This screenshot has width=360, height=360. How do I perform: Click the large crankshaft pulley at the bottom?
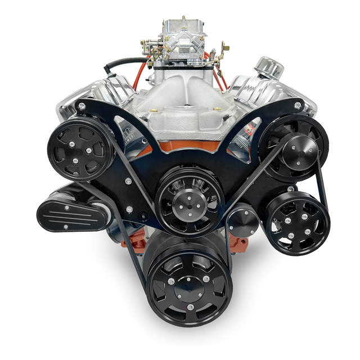pyautogui.click(x=189, y=286)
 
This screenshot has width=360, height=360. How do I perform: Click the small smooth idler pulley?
pyautogui.click(x=243, y=220)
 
